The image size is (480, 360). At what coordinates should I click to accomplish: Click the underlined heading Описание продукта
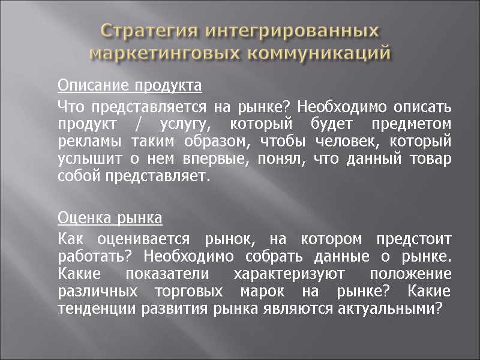pyautogui.click(x=130, y=86)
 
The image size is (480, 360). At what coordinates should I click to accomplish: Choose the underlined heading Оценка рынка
pyautogui.click(x=110, y=216)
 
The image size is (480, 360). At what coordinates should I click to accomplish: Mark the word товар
pyautogui.click(x=432, y=160)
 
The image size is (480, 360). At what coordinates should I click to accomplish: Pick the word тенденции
pyautogui.click(x=94, y=308)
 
